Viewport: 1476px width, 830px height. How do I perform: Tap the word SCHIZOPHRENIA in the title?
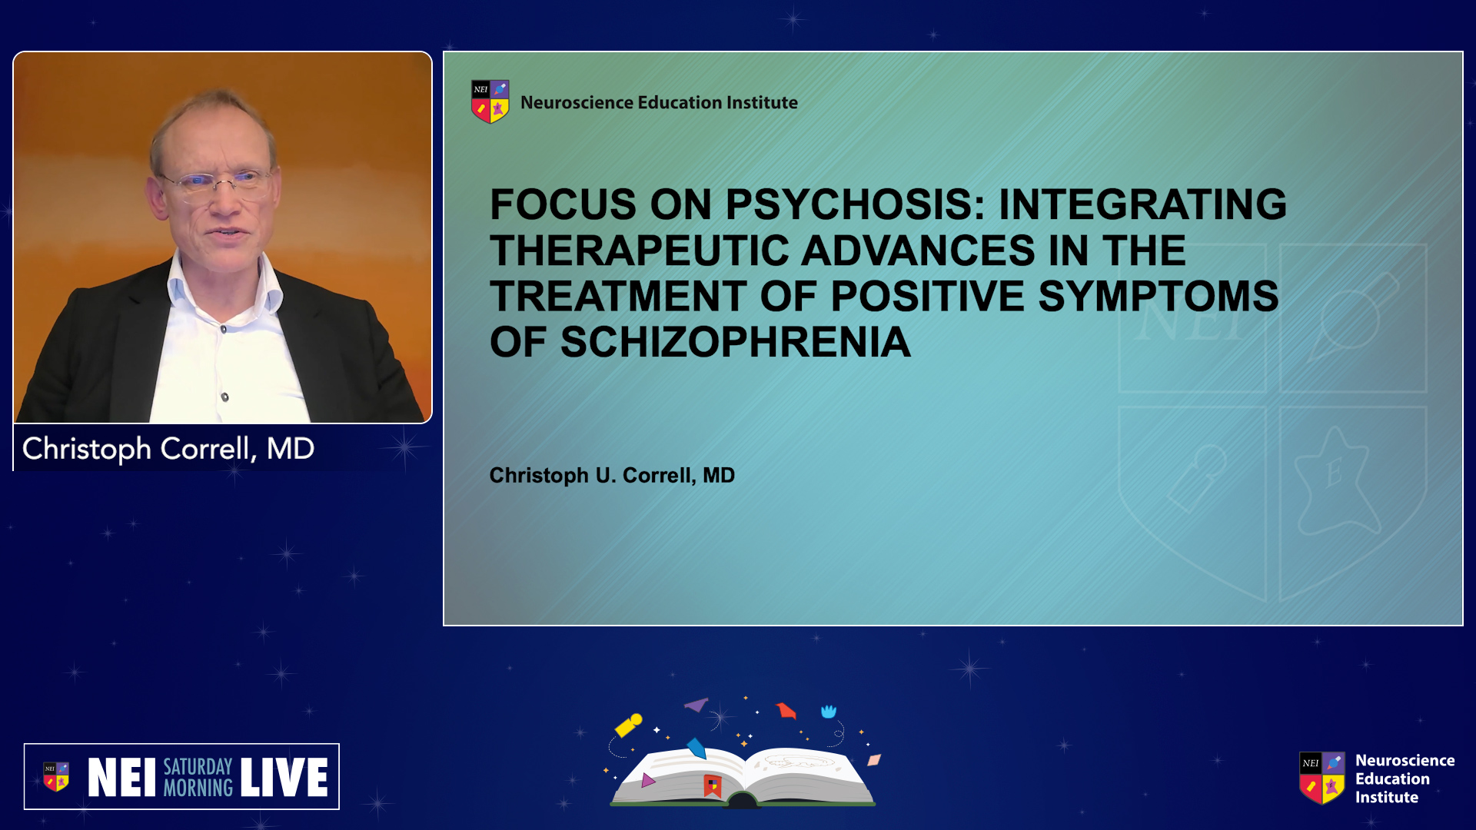[736, 342]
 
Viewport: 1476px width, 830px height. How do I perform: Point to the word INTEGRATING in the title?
[1142, 204]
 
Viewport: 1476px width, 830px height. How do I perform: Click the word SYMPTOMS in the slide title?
[1159, 297]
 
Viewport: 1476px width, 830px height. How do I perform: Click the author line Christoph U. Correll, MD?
[612, 476]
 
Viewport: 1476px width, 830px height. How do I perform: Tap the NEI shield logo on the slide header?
[490, 101]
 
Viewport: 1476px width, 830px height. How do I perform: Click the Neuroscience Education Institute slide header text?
[659, 102]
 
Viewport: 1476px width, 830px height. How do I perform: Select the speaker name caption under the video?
[168, 449]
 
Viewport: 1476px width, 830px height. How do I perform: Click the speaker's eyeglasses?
[217, 182]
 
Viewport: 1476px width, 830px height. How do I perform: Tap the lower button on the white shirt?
[224, 397]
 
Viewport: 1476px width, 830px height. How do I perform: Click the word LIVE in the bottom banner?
[284, 777]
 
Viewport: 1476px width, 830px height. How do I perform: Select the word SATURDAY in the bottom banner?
[198, 766]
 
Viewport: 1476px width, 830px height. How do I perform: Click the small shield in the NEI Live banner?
[56, 776]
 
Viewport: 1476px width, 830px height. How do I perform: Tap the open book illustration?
[743, 776]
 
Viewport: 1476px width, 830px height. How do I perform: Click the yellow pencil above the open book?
[628, 725]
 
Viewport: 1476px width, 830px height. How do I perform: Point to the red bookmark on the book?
[713, 785]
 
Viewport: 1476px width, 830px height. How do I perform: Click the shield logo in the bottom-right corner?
[1322, 778]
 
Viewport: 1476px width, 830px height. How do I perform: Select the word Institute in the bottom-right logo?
[1387, 798]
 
